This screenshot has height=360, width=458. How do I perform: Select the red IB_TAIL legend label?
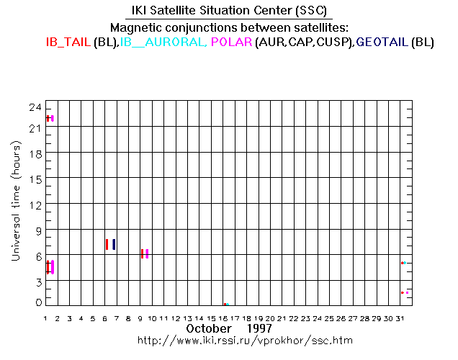pos(68,42)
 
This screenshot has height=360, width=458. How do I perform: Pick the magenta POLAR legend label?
pos(232,42)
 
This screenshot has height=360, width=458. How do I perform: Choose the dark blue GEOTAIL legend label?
pos(382,42)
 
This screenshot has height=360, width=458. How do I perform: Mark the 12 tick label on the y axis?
pos(34,205)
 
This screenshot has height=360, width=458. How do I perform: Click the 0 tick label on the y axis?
pos(37,302)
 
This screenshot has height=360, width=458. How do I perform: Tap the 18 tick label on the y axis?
pos(34,155)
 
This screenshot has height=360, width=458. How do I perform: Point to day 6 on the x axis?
pos(105,318)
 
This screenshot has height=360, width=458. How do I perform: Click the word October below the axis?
pos(209,328)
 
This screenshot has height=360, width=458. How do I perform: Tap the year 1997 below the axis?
pos(257,328)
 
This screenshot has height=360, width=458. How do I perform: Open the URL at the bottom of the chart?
pos(240,339)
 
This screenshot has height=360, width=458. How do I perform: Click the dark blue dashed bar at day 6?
pos(114,244)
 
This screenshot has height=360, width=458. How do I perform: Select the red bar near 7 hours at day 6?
pos(107,244)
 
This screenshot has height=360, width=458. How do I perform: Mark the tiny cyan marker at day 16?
pos(228,304)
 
